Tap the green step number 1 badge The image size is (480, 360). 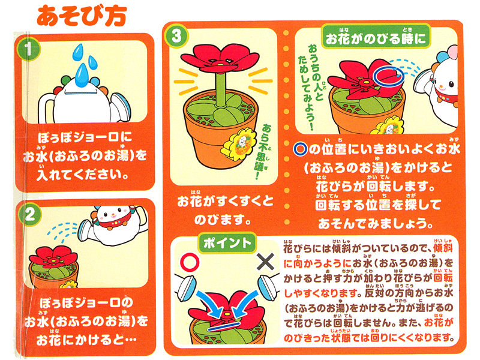coord(28,49)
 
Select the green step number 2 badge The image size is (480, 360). coord(30,214)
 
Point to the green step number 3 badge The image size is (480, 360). coord(176,36)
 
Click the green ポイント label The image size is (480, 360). coord(227,243)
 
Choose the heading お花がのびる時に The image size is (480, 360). coord(376,38)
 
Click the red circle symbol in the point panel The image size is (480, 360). coord(190,262)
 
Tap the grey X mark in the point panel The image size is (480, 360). coord(265,262)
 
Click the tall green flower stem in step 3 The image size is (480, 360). coord(221,89)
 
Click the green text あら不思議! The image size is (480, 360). coord(263,151)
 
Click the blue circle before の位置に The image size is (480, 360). coord(301,149)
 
